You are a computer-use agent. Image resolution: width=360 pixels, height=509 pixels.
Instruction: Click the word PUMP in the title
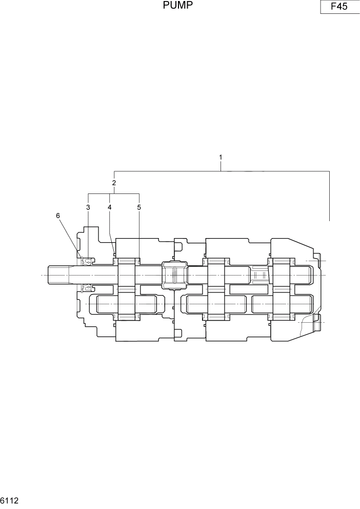click(x=178, y=6)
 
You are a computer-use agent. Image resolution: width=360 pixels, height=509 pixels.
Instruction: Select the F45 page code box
click(x=339, y=7)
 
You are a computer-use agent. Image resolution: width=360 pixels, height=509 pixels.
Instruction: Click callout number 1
click(x=221, y=156)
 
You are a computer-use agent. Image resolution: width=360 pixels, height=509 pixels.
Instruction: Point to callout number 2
click(x=114, y=183)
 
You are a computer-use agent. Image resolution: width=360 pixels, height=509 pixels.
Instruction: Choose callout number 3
click(x=88, y=207)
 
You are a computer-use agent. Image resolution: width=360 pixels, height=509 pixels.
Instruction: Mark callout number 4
click(x=109, y=207)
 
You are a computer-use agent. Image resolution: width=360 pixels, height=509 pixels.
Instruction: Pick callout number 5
click(x=139, y=207)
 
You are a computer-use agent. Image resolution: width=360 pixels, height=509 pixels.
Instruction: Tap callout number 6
click(x=58, y=216)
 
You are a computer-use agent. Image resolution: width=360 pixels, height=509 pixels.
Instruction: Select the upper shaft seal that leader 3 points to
click(x=88, y=262)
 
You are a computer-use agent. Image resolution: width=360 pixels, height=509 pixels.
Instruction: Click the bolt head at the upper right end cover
click(x=316, y=261)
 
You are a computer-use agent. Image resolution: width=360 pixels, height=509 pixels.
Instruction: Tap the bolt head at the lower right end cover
click(x=316, y=324)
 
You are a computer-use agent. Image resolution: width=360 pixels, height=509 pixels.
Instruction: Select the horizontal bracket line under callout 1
click(x=221, y=171)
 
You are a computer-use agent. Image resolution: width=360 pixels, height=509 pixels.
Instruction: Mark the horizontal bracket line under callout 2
click(x=114, y=193)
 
